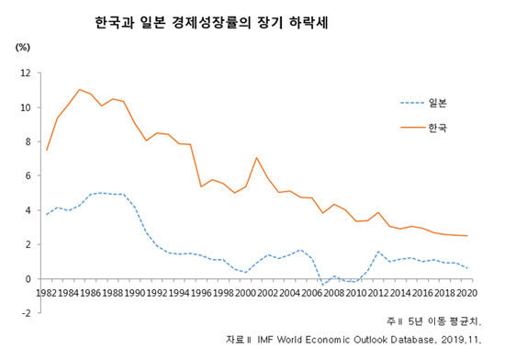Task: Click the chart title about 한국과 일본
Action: click(211, 23)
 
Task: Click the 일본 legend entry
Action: click(423, 103)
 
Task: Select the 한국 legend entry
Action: click(423, 128)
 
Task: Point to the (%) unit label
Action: click(23, 48)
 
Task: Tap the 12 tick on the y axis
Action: click(26, 73)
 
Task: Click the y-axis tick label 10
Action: click(26, 107)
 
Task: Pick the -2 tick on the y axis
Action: click(26, 313)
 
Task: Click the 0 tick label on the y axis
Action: click(28, 279)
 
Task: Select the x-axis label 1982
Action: click(47, 293)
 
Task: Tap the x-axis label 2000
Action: click(245, 293)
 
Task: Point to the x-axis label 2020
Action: click(467, 293)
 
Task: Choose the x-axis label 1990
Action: click(135, 293)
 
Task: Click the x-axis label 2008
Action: click(334, 293)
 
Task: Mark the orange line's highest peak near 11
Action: click(80, 89)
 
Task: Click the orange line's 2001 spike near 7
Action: click(256, 157)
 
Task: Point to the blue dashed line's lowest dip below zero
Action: click(323, 285)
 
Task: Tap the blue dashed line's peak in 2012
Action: click(377, 252)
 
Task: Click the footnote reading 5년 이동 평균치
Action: click(444, 321)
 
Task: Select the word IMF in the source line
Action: click(265, 340)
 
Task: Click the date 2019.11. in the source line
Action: click(461, 340)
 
